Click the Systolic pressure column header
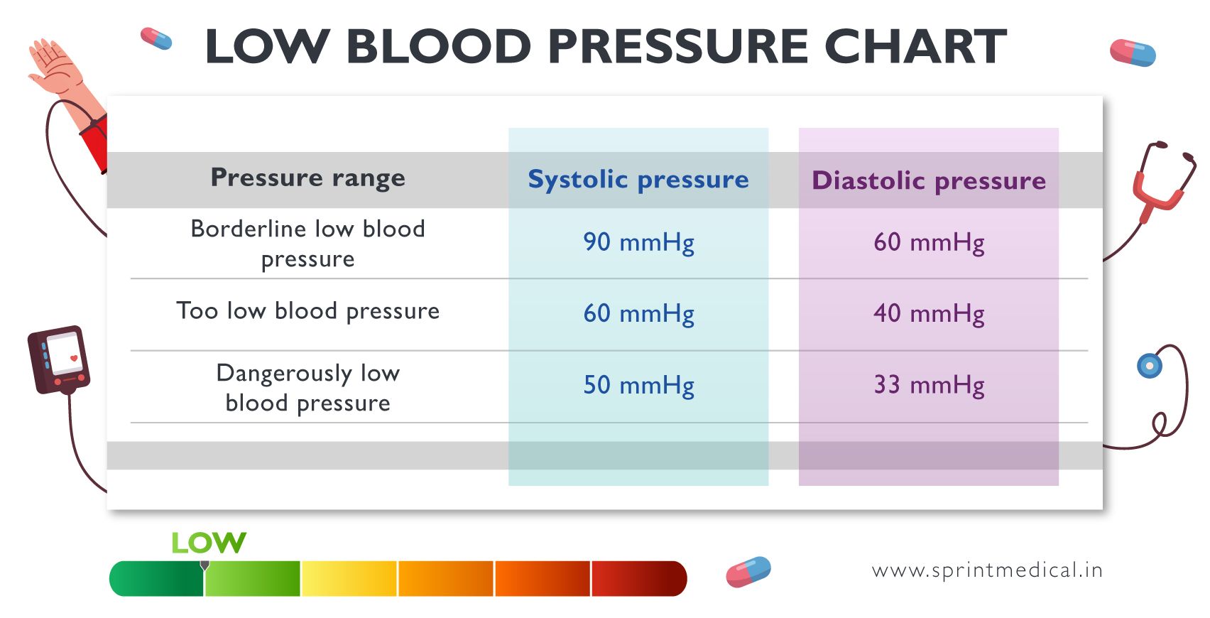pyautogui.click(x=638, y=180)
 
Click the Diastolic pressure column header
pyautogui.click(x=928, y=180)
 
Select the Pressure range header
pyautogui.click(x=307, y=178)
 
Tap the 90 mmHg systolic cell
pyautogui.click(x=638, y=242)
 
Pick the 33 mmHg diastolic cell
pyautogui.click(x=928, y=385)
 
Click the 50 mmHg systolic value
pyautogui.click(x=638, y=385)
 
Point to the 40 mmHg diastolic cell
pyautogui.click(x=928, y=313)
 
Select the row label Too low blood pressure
pyautogui.click(x=307, y=311)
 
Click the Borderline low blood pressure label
pyautogui.click(x=307, y=243)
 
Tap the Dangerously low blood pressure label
pyautogui.click(x=307, y=387)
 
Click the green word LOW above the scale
pyautogui.click(x=208, y=543)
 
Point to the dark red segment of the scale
pyautogui.click(x=638, y=578)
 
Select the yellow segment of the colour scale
pyautogui.click(x=349, y=578)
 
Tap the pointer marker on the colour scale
pyautogui.click(x=205, y=565)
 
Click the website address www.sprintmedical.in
pyautogui.click(x=986, y=570)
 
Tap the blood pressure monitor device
pyautogui.click(x=59, y=359)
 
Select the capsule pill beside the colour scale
pyautogui.click(x=748, y=572)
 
